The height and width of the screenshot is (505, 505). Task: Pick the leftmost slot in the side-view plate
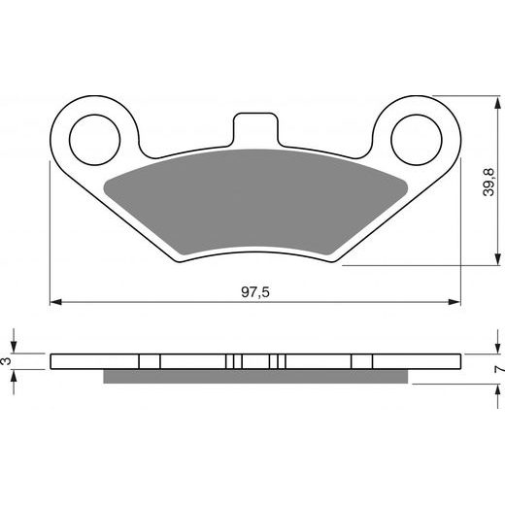pyautogui.click(x=150, y=361)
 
